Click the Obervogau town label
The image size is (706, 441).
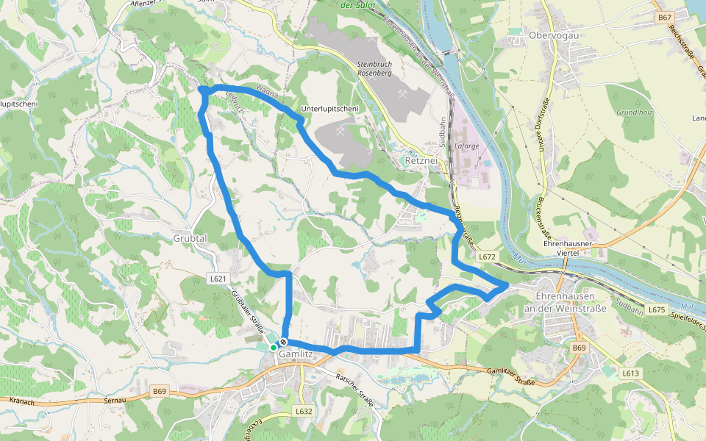coord(552,35)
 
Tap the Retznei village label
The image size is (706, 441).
coord(421,159)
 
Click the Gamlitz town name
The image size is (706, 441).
coord(296,355)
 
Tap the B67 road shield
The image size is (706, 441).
coord(665,17)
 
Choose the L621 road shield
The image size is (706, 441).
coord(218,279)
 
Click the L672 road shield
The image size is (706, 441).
coord(488,257)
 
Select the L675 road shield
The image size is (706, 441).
coord(657,310)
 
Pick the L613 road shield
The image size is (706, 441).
coord(630,373)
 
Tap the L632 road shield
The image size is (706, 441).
coord(304,411)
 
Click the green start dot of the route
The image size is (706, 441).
coord(273,347)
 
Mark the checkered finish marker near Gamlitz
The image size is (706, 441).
coord(283,342)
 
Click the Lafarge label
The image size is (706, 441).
coord(467,146)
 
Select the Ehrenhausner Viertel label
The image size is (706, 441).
coord(567,247)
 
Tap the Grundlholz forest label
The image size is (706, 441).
coord(635,112)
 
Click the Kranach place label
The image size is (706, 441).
coord(24,401)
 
